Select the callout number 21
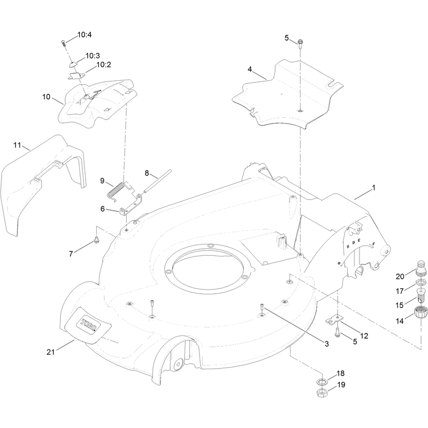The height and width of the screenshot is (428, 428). [x=50, y=353]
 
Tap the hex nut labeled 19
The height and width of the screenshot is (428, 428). [x=322, y=393]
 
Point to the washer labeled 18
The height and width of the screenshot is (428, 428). [x=323, y=381]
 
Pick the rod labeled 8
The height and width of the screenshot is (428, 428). [x=157, y=181]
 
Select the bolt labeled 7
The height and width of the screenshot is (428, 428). [x=96, y=240]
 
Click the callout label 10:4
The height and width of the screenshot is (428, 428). [x=85, y=35]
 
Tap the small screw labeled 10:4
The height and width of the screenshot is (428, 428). [x=63, y=43]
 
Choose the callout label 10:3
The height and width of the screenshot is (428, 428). [x=93, y=56]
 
